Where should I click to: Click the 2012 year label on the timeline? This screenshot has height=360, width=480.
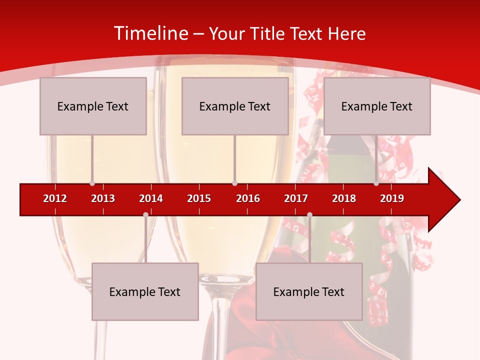(x=55, y=198)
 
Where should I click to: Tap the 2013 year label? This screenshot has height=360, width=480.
(x=103, y=198)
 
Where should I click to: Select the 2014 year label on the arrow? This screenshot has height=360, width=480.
(x=151, y=198)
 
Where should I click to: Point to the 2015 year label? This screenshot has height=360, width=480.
(x=199, y=198)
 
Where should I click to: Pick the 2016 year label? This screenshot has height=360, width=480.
(x=248, y=198)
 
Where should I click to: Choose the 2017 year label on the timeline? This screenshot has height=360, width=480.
(x=296, y=198)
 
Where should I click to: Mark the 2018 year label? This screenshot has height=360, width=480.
(x=344, y=198)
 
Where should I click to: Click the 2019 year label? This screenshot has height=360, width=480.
(x=392, y=198)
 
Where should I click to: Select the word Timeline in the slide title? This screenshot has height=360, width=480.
(x=150, y=33)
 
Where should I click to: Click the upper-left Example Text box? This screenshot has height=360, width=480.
(x=93, y=106)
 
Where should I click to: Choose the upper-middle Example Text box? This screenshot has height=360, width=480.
(x=235, y=106)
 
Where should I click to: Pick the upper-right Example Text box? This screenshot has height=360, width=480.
(x=377, y=106)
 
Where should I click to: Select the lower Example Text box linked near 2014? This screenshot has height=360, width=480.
(x=145, y=291)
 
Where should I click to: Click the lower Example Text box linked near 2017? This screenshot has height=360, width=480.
(x=309, y=291)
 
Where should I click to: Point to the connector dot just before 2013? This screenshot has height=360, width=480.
(x=92, y=183)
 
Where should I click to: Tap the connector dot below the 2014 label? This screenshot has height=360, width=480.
(x=145, y=214)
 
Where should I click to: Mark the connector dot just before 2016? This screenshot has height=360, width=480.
(x=234, y=183)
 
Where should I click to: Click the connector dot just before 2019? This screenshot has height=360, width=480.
(x=376, y=183)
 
